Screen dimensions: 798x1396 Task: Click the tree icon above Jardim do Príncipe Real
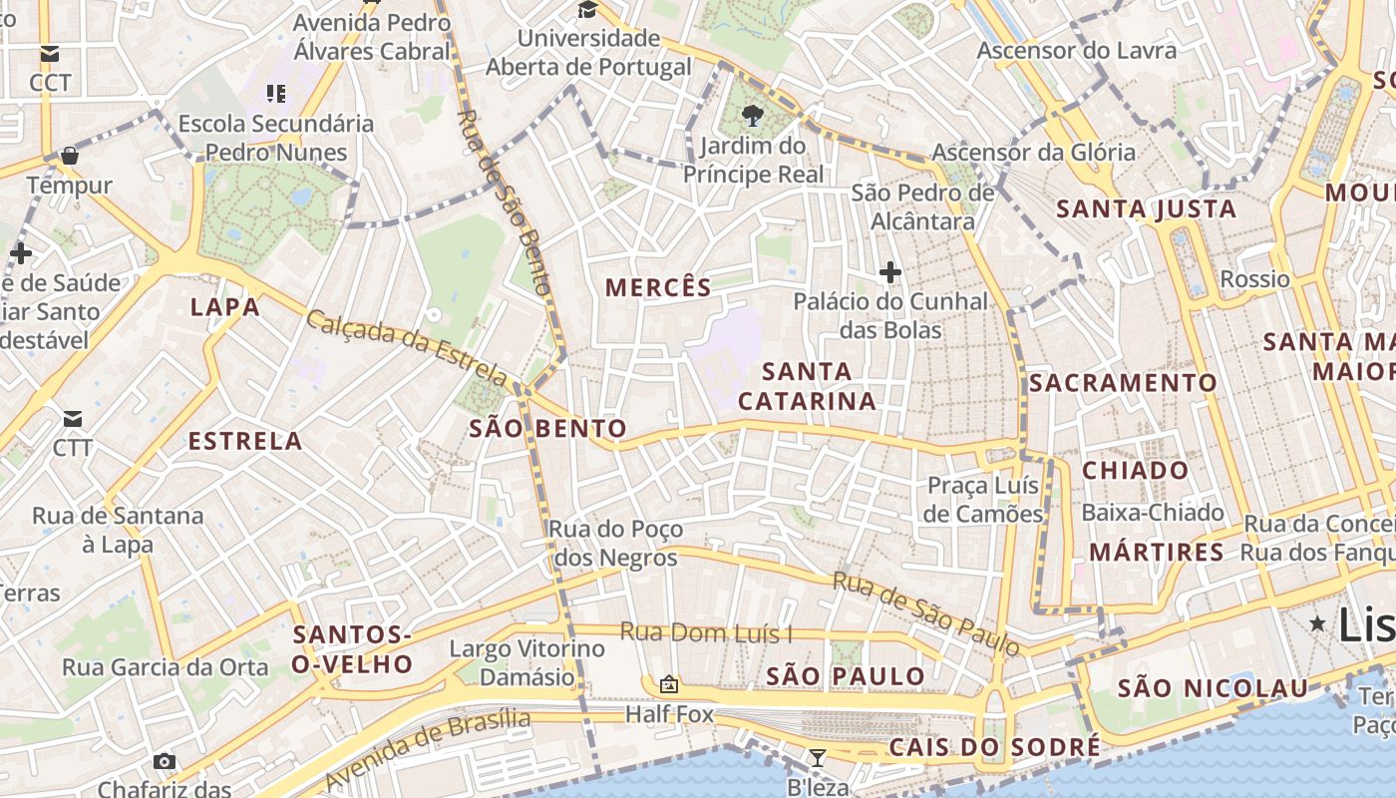tap(753, 116)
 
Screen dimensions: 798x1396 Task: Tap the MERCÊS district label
tap(658, 288)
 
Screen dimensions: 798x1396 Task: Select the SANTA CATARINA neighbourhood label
tap(808, 387)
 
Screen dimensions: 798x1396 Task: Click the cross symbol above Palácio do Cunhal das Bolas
tap(889, 271)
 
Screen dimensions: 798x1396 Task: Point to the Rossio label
tap(1254, 279)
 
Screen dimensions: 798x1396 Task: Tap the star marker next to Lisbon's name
tap(1317, 623)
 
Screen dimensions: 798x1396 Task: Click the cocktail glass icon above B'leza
tap(818, 758)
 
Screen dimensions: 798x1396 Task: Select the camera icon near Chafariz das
tap(165, 762)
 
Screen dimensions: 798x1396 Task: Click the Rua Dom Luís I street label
tap(706, 632)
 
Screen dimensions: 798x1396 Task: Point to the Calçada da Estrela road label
tap(407, 347)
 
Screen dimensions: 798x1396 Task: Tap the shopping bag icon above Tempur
tap(70, 156)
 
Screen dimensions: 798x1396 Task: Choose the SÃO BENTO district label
tap(547, 430)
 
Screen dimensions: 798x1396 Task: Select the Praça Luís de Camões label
tap(983, 500)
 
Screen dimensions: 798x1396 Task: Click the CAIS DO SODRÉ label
tap(994, 747)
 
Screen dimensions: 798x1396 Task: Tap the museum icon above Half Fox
tap(669, 684)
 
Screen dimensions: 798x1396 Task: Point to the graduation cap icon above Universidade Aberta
tap(588, 10)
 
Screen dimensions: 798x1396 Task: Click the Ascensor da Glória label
tap(1033, 153)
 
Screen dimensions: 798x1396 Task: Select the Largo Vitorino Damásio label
tap(526, 663)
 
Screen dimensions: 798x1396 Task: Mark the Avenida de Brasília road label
tap(428, 749)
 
